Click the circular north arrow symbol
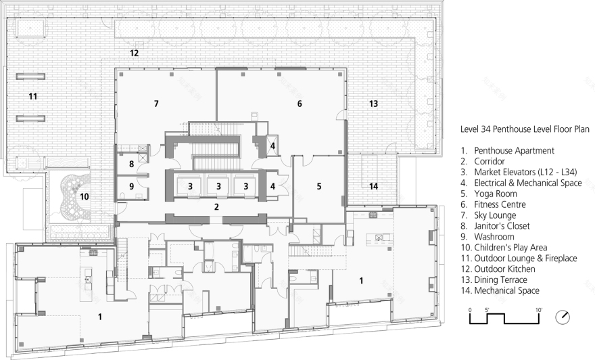562,317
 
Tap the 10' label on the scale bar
539,309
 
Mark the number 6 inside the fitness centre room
299,104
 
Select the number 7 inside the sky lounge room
156,104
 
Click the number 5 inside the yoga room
318,185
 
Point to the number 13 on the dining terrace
373,104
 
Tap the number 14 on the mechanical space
373,185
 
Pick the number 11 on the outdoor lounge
32,97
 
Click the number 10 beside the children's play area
85,196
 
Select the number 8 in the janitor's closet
132,163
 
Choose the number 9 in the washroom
132,185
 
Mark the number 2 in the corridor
216,207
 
